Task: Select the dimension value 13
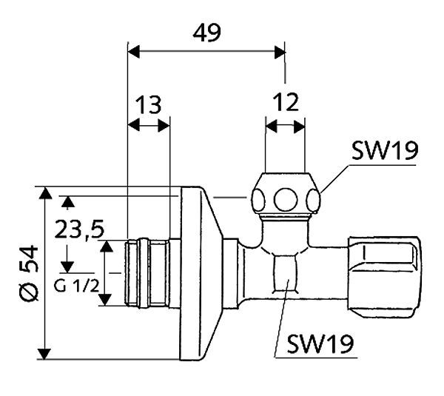pyautogui.click(x=149, y=105)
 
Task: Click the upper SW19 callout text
pyautogui.click(x=385, y=151)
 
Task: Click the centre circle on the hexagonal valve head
pyautogui.click(x=285, y=198)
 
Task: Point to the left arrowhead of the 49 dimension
pyautogui.click(x=134, y=52)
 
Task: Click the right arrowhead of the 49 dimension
pyautogui.click(x=279, y=52)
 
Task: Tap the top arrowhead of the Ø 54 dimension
pyautogui.click(x=47, y=194)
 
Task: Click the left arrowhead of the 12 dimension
pyautogui.click(x=270, y=127)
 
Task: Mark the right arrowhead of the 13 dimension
pyautogui.click(x=164, y=127)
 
